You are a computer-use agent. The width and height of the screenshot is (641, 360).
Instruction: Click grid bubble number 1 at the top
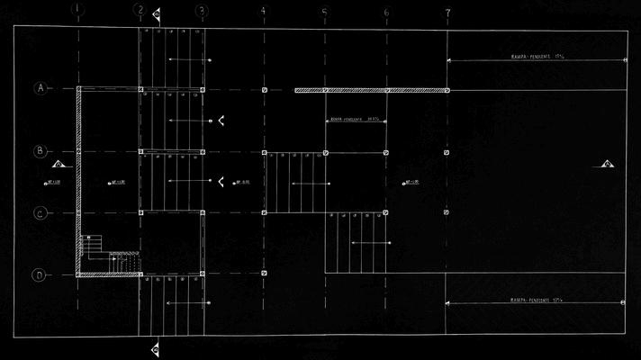[78, 11]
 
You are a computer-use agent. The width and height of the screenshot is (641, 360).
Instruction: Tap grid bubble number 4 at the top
[263, 11]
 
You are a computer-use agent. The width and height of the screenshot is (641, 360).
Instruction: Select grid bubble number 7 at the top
[447, 12]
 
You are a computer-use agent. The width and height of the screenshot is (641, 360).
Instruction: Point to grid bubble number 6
[386, 12]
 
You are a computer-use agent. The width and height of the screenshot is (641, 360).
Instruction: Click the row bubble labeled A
[40, 88]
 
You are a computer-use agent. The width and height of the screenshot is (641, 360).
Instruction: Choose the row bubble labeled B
[40, 151]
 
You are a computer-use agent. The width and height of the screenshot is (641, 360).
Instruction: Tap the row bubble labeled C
[40, 213]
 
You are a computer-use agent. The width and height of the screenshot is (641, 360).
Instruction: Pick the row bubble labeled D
[40, 274]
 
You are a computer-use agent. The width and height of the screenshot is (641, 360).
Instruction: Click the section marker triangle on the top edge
[157, 14]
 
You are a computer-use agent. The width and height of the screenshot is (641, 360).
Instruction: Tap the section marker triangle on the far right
[608, 164]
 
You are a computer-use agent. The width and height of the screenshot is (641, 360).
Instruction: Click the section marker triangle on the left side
[59, 164]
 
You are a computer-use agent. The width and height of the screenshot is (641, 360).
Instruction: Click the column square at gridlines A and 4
[264, 90]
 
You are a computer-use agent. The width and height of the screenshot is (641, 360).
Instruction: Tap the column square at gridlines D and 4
[264, 273]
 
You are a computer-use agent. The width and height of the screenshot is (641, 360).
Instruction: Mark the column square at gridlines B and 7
[447, 152]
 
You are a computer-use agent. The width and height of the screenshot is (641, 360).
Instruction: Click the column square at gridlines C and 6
[386, 213]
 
